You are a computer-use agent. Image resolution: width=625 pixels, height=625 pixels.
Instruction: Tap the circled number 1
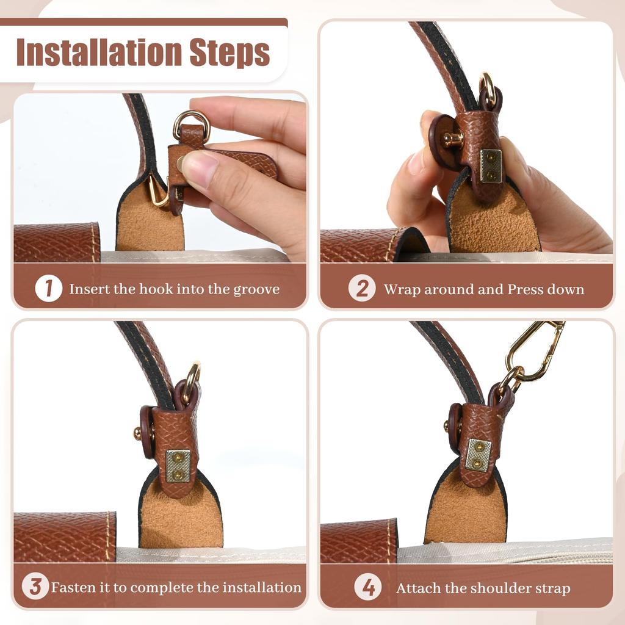(48, 289)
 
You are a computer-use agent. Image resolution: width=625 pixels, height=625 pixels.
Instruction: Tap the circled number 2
(362, 289)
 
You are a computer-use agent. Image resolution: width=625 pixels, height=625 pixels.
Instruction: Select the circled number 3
(35, 587)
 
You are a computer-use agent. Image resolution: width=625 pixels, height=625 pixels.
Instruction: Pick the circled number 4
(369, 588)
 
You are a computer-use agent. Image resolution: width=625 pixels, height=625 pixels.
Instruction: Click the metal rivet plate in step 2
(491, 165)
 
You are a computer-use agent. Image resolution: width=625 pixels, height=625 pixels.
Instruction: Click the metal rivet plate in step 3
(178, 466)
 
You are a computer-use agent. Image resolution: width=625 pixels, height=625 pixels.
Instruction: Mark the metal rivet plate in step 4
(479, 455)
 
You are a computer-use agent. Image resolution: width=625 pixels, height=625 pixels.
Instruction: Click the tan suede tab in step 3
(180, 519)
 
